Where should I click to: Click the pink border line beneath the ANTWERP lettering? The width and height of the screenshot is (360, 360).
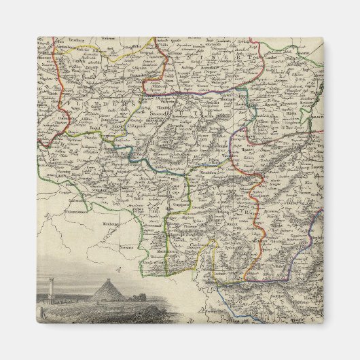click(204, 92)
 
